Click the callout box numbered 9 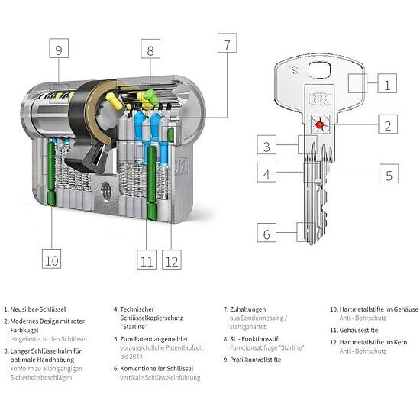tap(59, 48)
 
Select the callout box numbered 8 tap(150, 48)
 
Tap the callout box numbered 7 tap(227, 43)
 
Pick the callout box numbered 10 tap(52, 259)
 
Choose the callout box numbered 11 tap(147, 260)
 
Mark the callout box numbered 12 tap(172, 260)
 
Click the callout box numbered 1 tap(387, 83)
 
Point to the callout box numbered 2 tap(388, 124)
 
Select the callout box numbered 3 tap(267, 144)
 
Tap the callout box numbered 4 tap(267, 173)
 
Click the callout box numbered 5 tap(389, 173)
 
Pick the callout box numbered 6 tap(267, 232)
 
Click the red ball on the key tap(319, 124)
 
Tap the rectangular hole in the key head tap(319, 70)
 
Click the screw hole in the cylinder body tap(106, 191)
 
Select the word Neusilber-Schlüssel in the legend tap(38, 309)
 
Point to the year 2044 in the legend tap(135, 357)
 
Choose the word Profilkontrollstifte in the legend tap(256, 360)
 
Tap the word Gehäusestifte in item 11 tap(359, 330)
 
